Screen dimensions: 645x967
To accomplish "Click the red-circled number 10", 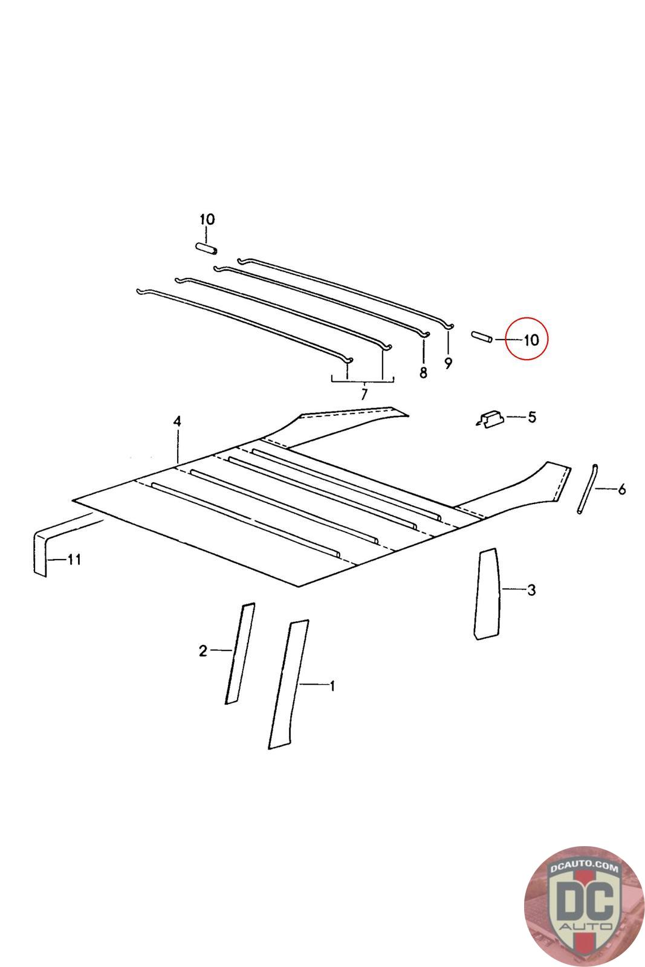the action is [531, 340].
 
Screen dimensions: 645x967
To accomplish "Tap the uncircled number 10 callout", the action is [207, 219].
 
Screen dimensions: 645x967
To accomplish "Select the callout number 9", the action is [448, 363].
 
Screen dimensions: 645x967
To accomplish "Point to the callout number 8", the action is [423, 372].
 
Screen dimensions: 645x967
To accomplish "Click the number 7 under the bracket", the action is [364, 394].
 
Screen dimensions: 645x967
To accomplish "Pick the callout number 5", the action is [532, 418].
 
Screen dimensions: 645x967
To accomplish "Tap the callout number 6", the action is [621, 490].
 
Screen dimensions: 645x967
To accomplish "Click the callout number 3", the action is [531, 590].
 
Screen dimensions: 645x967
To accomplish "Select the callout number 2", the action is [203, 651].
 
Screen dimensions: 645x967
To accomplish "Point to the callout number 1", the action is [332, 686].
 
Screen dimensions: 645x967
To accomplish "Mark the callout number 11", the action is [74, 560].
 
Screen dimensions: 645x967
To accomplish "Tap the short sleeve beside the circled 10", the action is [482, 337].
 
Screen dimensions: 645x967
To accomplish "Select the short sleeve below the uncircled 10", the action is [206, 248].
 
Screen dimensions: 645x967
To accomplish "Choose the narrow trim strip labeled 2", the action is [240, 653].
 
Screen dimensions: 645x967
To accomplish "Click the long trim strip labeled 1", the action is [288, 685].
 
